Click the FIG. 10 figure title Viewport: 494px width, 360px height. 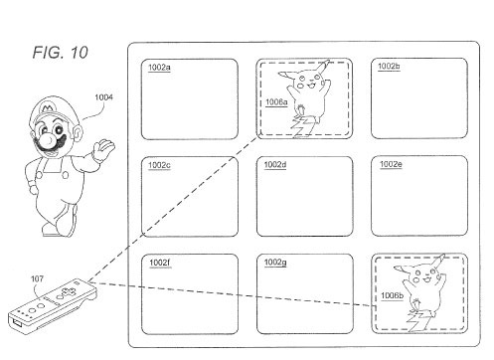61,53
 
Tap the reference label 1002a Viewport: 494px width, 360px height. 159,68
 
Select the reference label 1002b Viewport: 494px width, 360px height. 389,67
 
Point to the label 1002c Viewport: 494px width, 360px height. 159,165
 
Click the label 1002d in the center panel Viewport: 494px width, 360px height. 275,165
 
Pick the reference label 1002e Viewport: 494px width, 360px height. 391,164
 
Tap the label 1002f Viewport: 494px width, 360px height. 160,263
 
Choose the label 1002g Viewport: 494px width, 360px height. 275,263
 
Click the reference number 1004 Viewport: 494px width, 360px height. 103,97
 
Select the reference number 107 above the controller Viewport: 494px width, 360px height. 37,278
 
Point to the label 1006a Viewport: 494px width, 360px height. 276,102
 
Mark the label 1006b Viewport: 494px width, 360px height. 392,295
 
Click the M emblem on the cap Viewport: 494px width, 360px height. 48,108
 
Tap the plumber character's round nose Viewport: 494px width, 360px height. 49,139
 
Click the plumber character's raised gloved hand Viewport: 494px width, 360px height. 103,149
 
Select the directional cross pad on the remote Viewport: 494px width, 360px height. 66,293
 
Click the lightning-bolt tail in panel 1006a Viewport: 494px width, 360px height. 301,126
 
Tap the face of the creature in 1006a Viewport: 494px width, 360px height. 308,83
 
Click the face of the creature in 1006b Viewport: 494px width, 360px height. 424,277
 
